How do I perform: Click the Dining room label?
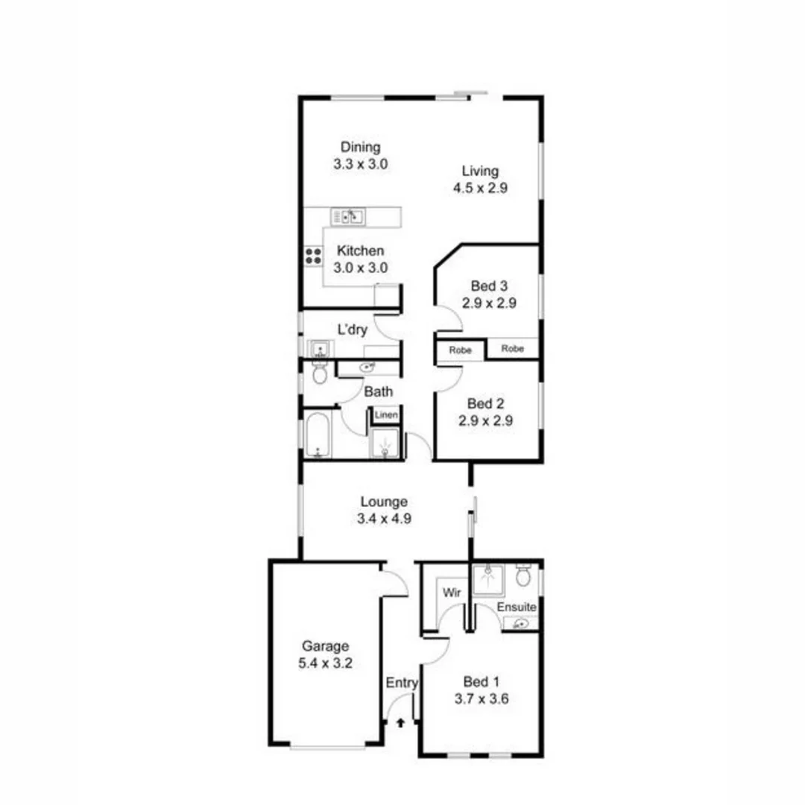pyautogui.click(x=361, y=147)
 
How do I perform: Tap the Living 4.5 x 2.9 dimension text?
pyautogui.click(x=481, y=188)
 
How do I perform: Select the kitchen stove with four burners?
pyautogui.click(x=313, y=256)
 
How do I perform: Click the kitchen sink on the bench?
pyautogui.click(x=348, y=217)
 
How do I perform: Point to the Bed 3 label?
pyautogui.click(x=489, y=285)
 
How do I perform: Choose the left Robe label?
pyautogui.click(x=460, y=349)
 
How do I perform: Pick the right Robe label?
pyautogui.click(x=512, y=348)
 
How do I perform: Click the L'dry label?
pyautogui.click(x=353, y=330)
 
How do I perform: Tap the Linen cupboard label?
pyautogui.click(x=386, y=414)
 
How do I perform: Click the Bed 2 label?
pyautogui.click(x=486, y=403)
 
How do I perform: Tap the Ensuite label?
pyautogui.click(x=517, y=607)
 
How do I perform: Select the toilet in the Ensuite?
pyautogui.click(x=524, y=575)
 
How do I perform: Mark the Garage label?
pyautogui.click(x=325, y=646)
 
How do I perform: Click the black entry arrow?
pyautogui.click(x=401, y=722)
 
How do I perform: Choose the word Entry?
pyautogui.click(x=402, y=683)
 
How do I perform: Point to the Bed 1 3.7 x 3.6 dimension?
pyautogui.click(x=481, y=699)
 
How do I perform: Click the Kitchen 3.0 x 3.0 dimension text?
pyautogui.click(x=361, y=268)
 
